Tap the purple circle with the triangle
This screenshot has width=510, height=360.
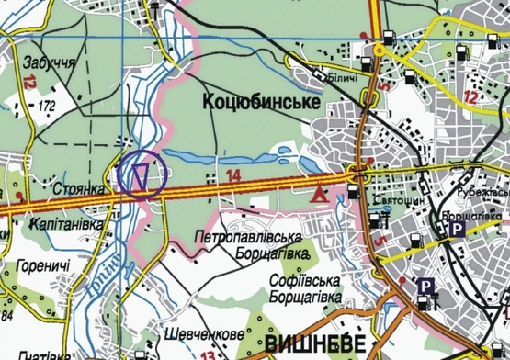click(141, 174)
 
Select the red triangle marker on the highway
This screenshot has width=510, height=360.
click(320, 194)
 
